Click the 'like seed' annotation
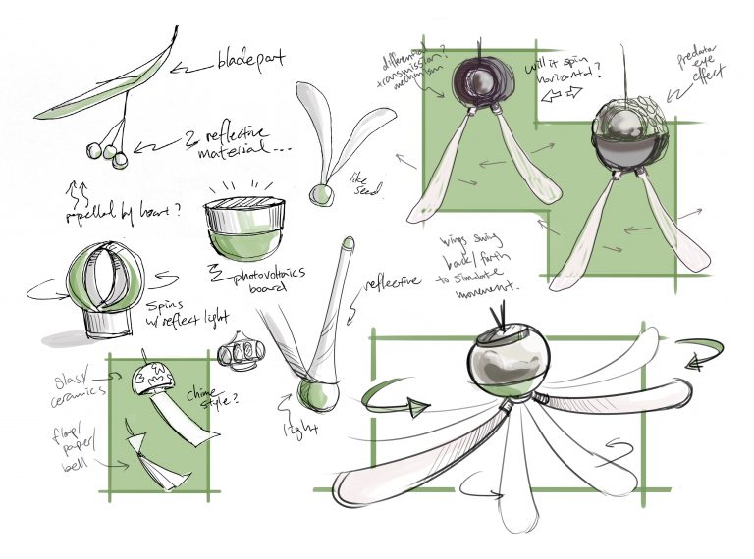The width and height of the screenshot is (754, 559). pyautogui.click(x=359, y=182)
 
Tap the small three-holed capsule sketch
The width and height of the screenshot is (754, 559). pyautogui.click(x=242, y=350)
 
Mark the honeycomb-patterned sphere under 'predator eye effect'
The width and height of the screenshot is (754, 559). pyautogui.click(x=627, y=137)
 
